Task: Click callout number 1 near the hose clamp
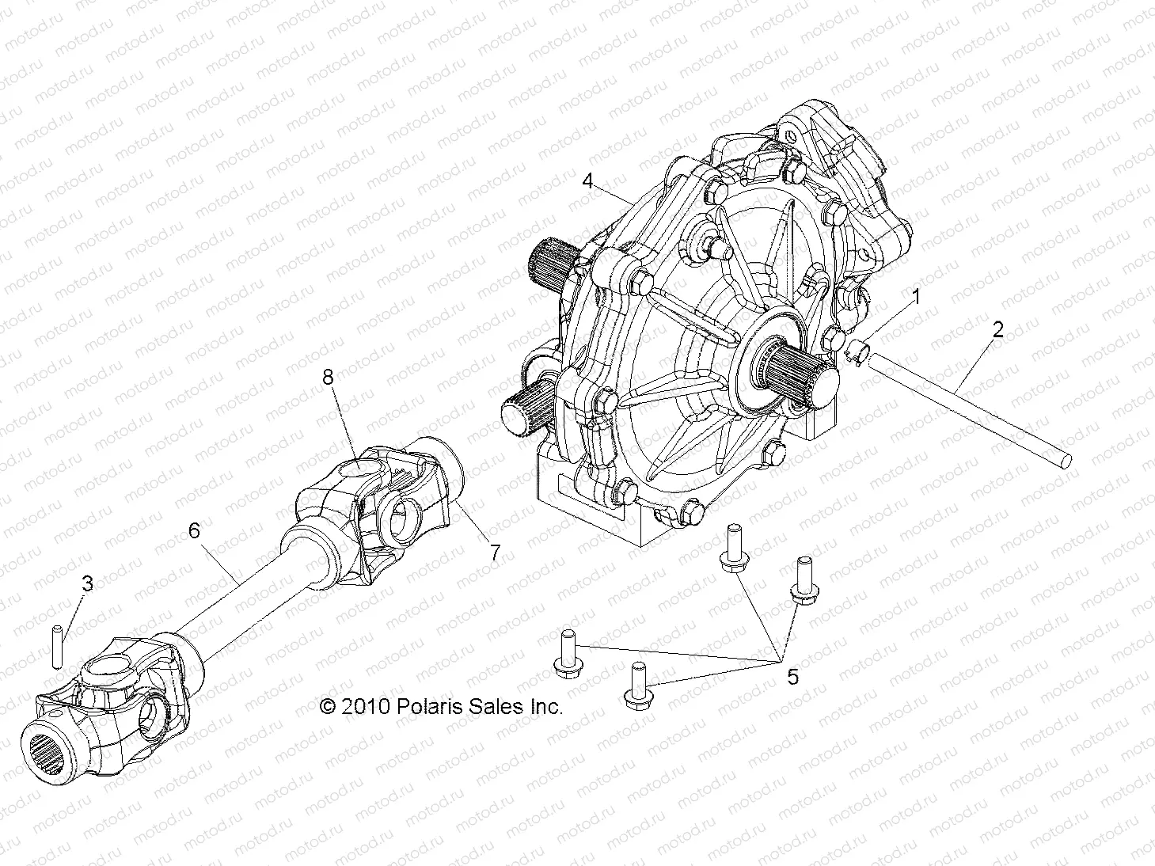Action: [x=916, y=298]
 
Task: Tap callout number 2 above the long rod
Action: [x=997, y=329]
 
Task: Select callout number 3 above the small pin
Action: [x=87, y=583]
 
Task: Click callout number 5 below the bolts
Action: [x=792, y=677]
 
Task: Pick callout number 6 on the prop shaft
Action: [x=194, y=531]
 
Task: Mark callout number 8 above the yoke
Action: [x=328, y=378]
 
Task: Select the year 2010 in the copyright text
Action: [x=365, y=707]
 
